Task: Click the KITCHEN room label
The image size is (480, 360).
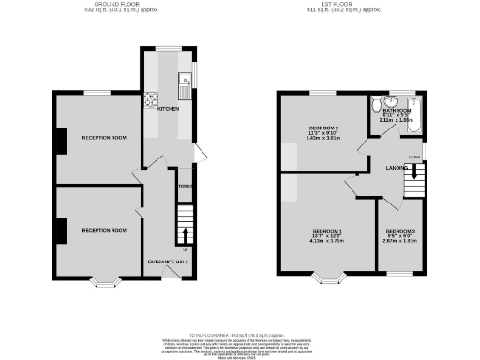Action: point(169,109)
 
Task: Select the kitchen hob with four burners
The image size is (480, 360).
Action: point(149,97)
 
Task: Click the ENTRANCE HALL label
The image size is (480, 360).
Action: point(168,261)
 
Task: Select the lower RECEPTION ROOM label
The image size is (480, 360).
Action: point(103,230)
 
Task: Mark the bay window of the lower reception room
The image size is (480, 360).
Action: point(103,279)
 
